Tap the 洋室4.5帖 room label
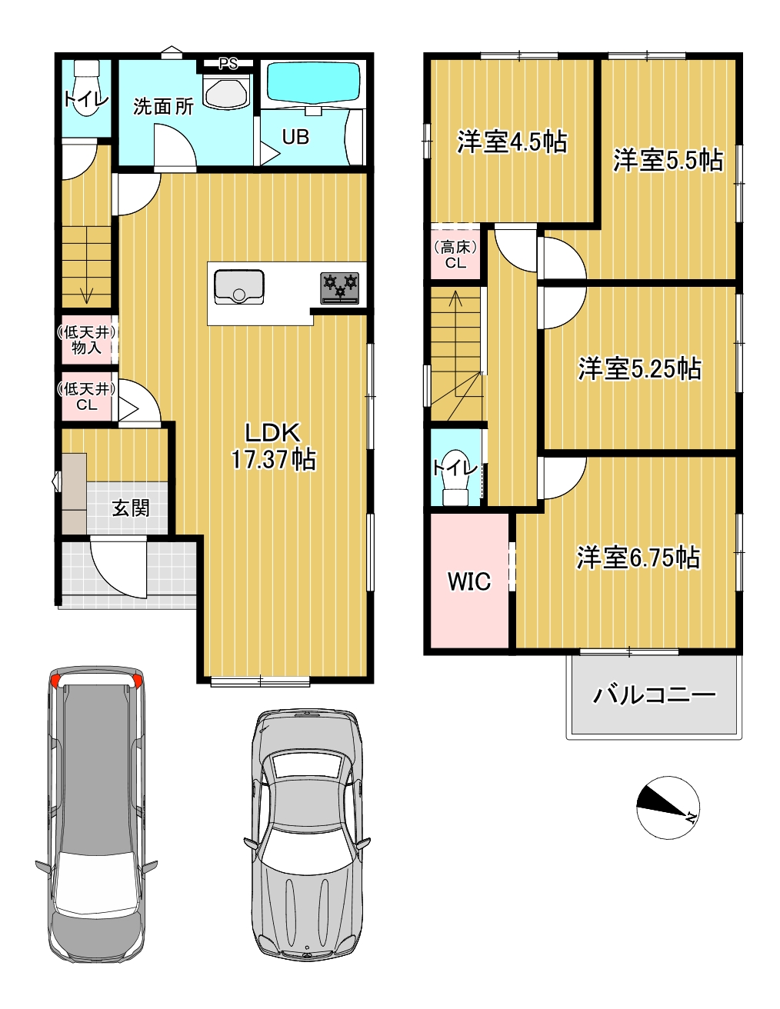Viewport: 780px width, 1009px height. [x=512, y=142]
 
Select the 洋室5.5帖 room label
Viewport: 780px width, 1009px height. [x=668, y=160]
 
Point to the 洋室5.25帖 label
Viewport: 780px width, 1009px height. [x=639, y=369]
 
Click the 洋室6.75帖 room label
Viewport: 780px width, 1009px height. [x=638, y=557]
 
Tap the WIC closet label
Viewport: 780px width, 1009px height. [x=469, y=581]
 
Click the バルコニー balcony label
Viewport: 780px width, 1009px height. [x=654, y=695]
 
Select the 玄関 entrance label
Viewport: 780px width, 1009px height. [x=131, y=508]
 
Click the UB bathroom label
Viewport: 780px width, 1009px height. [x=295, y=137]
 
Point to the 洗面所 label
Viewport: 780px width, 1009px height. [x=163, y=106]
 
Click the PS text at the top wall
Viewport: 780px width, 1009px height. [x=228, y=64]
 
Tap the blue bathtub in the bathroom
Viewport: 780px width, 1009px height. [x=313, y=82]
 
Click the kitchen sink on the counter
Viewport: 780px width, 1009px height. [x=239, y=286]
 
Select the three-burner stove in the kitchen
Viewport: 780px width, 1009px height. [x=340, y=287]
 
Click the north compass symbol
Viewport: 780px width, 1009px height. [x=668, y=807]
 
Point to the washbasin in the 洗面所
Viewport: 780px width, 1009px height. [x=226, y=91]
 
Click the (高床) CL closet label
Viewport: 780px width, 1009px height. [x=455, y=255]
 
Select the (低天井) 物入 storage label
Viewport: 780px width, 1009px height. [x=86, y=340]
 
